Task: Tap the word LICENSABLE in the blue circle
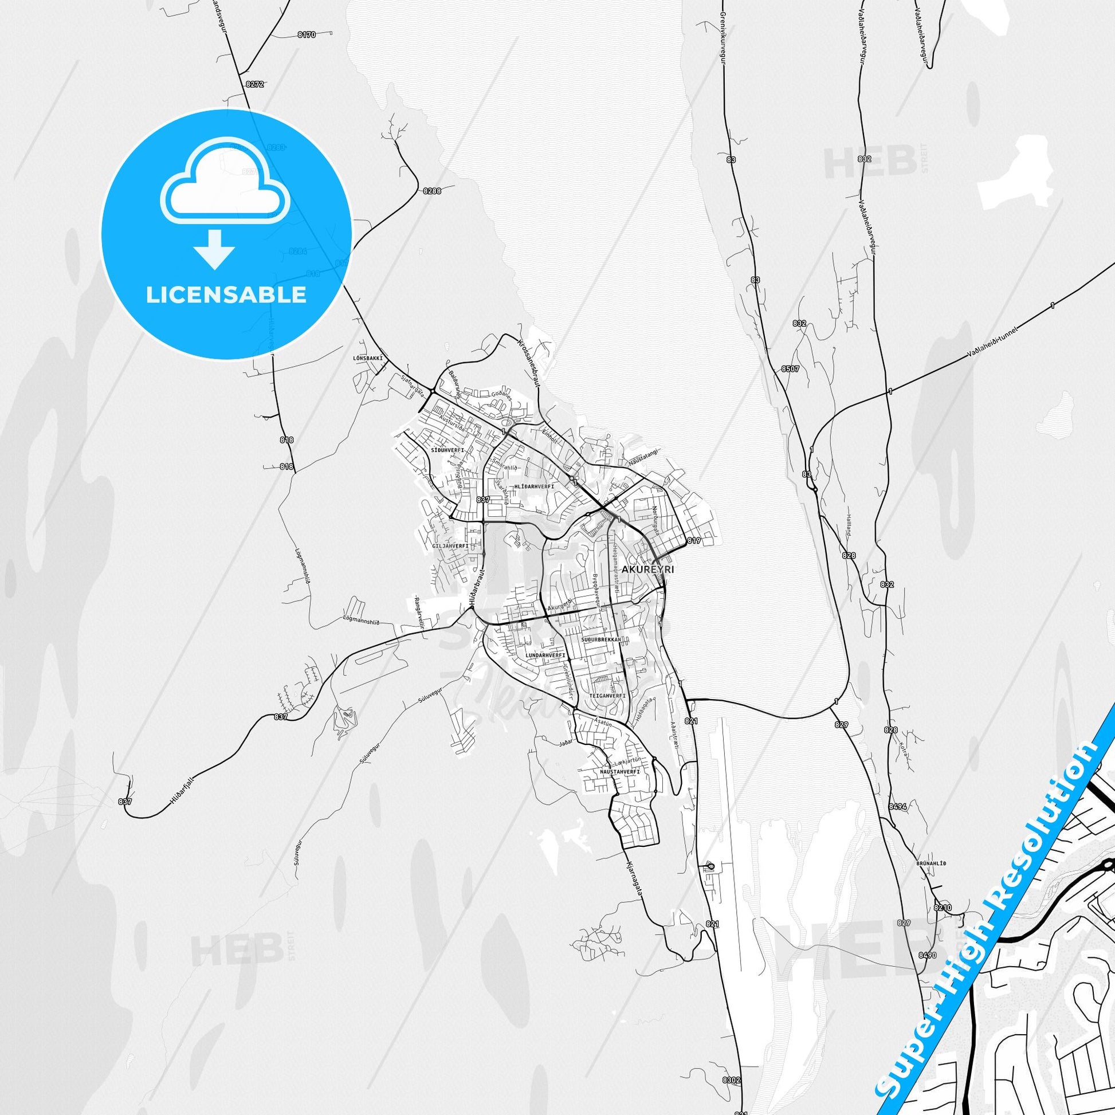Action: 226,295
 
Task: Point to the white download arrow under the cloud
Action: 214,249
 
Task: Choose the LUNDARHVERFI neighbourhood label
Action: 545,655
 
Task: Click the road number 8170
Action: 307,35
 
